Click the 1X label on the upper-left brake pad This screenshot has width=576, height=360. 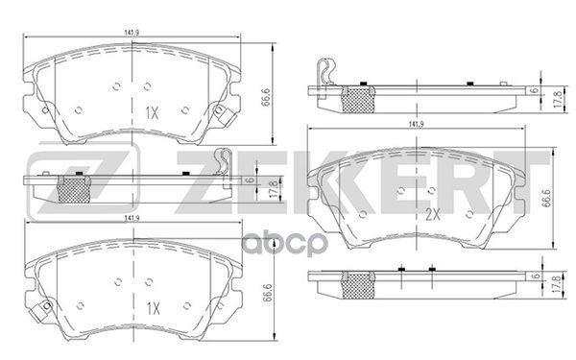pos(151,112)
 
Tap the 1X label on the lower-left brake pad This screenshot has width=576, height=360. pos(151,309)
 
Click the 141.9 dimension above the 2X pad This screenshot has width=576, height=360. pos(415,125)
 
